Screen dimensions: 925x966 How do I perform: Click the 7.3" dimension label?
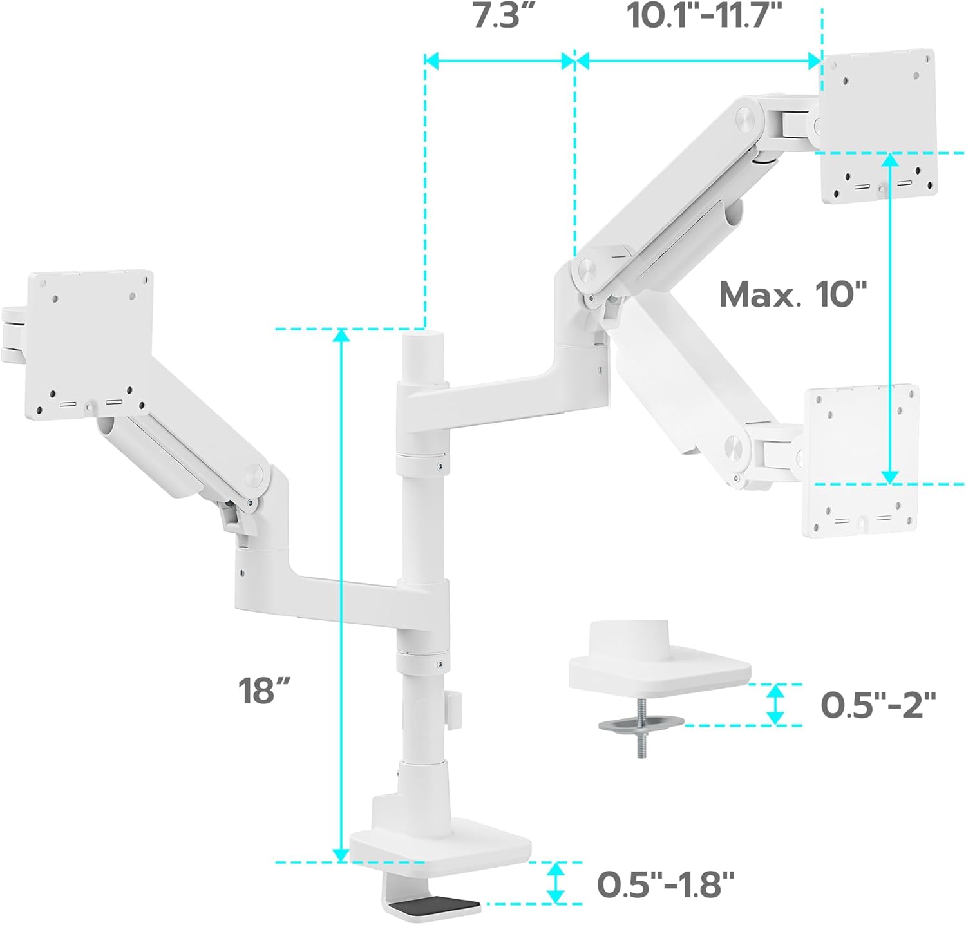pyautogui.click(x=504, y=15)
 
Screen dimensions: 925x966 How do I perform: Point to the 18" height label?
pyautogui.click(x=264, y=691)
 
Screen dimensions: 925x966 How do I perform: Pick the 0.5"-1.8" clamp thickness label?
pyautogui.click(x=665, y=884)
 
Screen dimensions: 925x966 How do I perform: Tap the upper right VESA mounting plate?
pyautogui.click(x=878, y=126)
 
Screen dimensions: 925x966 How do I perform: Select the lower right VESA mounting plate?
pyautogui.click(x=860, y=460)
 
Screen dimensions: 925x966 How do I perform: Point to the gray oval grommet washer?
pyautogui.click(x=641, y=725)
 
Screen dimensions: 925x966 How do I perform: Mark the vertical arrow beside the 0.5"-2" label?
pyautogui.click(x=776, y=703)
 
